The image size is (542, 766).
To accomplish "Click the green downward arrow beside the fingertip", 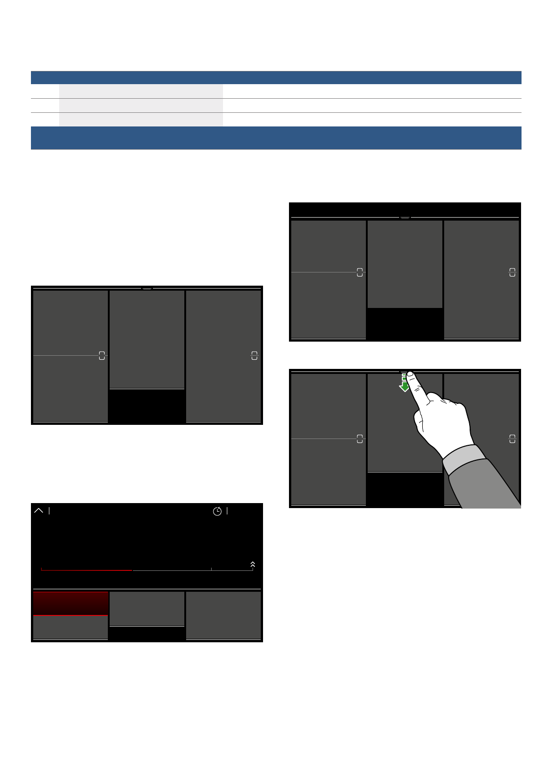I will coord(404,387).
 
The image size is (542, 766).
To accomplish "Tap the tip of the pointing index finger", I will coord(410,374).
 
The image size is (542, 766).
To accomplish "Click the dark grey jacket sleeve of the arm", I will coord(487,487).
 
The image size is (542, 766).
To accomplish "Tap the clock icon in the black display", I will coord(218,511).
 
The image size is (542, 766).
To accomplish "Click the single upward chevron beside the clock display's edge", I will coord(39,511).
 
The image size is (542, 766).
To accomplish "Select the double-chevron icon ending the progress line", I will coord(253,564).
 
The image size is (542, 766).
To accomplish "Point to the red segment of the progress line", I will coord(86,570).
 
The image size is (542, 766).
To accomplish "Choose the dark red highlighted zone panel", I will coord(71,603).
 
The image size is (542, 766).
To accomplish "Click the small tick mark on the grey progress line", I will coord(211,569).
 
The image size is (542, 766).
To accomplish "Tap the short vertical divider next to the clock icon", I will coord(227,511).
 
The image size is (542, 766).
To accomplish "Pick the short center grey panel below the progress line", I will coord(147,609).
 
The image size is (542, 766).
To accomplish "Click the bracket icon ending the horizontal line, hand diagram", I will coord(360,439).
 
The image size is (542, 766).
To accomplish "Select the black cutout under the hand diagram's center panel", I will coord(405,489).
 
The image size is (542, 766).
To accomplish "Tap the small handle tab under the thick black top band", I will coord(405,218).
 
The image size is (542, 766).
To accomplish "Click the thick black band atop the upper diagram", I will coord(405,210).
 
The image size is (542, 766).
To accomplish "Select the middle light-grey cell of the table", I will coord(141,106).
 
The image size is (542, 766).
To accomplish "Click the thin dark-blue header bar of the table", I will coord(276,77).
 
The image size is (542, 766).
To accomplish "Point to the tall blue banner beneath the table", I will coord(276,138).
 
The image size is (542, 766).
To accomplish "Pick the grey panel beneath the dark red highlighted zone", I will coord(71,627).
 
